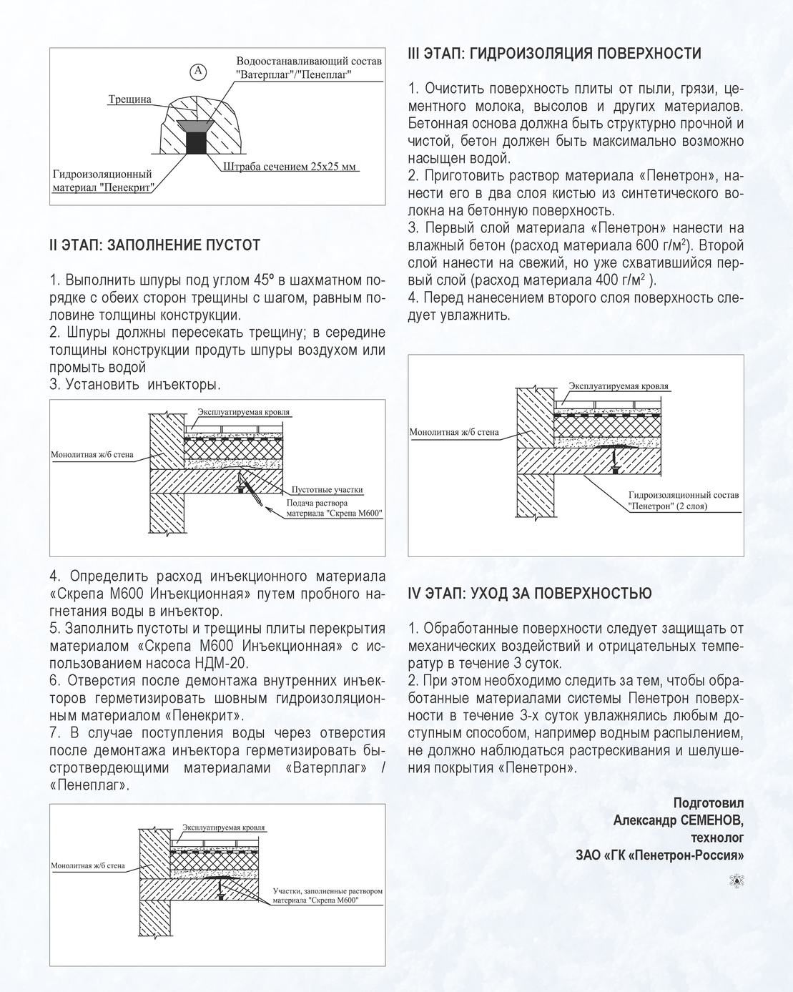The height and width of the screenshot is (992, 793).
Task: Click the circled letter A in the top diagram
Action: pyautogui.click(x=198, y=71)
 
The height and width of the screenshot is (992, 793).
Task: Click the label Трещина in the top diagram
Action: pyautogui.click(x=129, y=99)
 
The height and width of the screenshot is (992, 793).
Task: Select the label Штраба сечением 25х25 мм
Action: pyautogui.click(x=289, y=167)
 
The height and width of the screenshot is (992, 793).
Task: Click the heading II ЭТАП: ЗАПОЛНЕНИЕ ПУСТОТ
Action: pyautogui.click(x=154, y=245)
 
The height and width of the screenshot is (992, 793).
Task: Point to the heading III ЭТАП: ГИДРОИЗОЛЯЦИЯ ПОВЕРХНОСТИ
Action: pyautogui.click(x=554, y=54)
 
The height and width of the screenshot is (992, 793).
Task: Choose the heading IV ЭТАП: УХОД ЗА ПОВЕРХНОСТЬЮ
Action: pyautogui.click(x=529, y=594)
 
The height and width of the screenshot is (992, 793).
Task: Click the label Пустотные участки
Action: pyautogui.click(x=327, y=490)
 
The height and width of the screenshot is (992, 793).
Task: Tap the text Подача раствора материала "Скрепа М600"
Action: pyautogui.click(x=334, y=508)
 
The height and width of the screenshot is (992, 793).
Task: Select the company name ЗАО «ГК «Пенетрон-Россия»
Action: pyautogui.click(x=659, y=855)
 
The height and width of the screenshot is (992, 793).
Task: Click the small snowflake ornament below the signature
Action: pyautogui.click(x=736, y=880)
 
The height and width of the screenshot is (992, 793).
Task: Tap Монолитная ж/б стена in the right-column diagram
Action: pyautogui.click(x=453, y=432)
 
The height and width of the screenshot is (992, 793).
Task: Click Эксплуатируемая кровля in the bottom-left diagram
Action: pyautogui.click(x=223, y=828)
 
